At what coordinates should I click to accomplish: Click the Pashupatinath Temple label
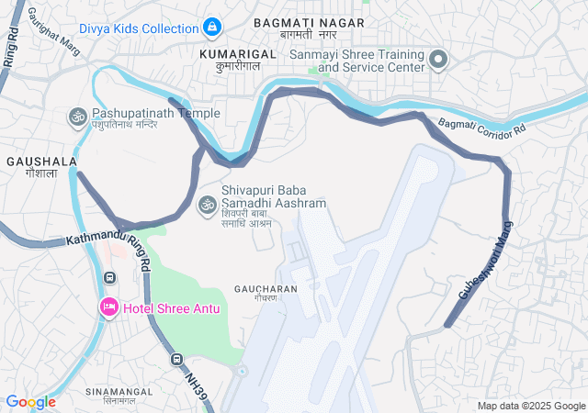(x=155, y=113)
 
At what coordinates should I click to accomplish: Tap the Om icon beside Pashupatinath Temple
(x=77, y=117)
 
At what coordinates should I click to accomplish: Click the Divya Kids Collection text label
(x=138, y=28)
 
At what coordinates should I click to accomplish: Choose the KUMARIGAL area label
(x=237, y=54)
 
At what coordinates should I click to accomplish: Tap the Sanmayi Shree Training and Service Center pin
(x=438, y=61)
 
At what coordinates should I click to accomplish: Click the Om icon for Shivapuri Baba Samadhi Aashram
(x=209, y=204)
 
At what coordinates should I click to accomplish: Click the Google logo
(x=30, y=402)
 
